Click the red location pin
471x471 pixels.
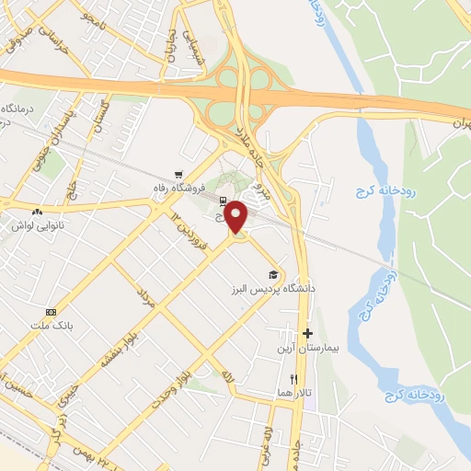(237, 216)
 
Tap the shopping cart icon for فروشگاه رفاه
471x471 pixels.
(178, 173)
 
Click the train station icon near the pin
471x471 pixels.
(222, 199)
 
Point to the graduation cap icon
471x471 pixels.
(272, 274)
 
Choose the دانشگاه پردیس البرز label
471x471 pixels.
(274, 288)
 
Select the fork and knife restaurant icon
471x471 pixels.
(294, 378)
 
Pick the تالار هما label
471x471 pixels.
(295, 392)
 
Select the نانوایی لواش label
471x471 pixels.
(34, 224)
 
